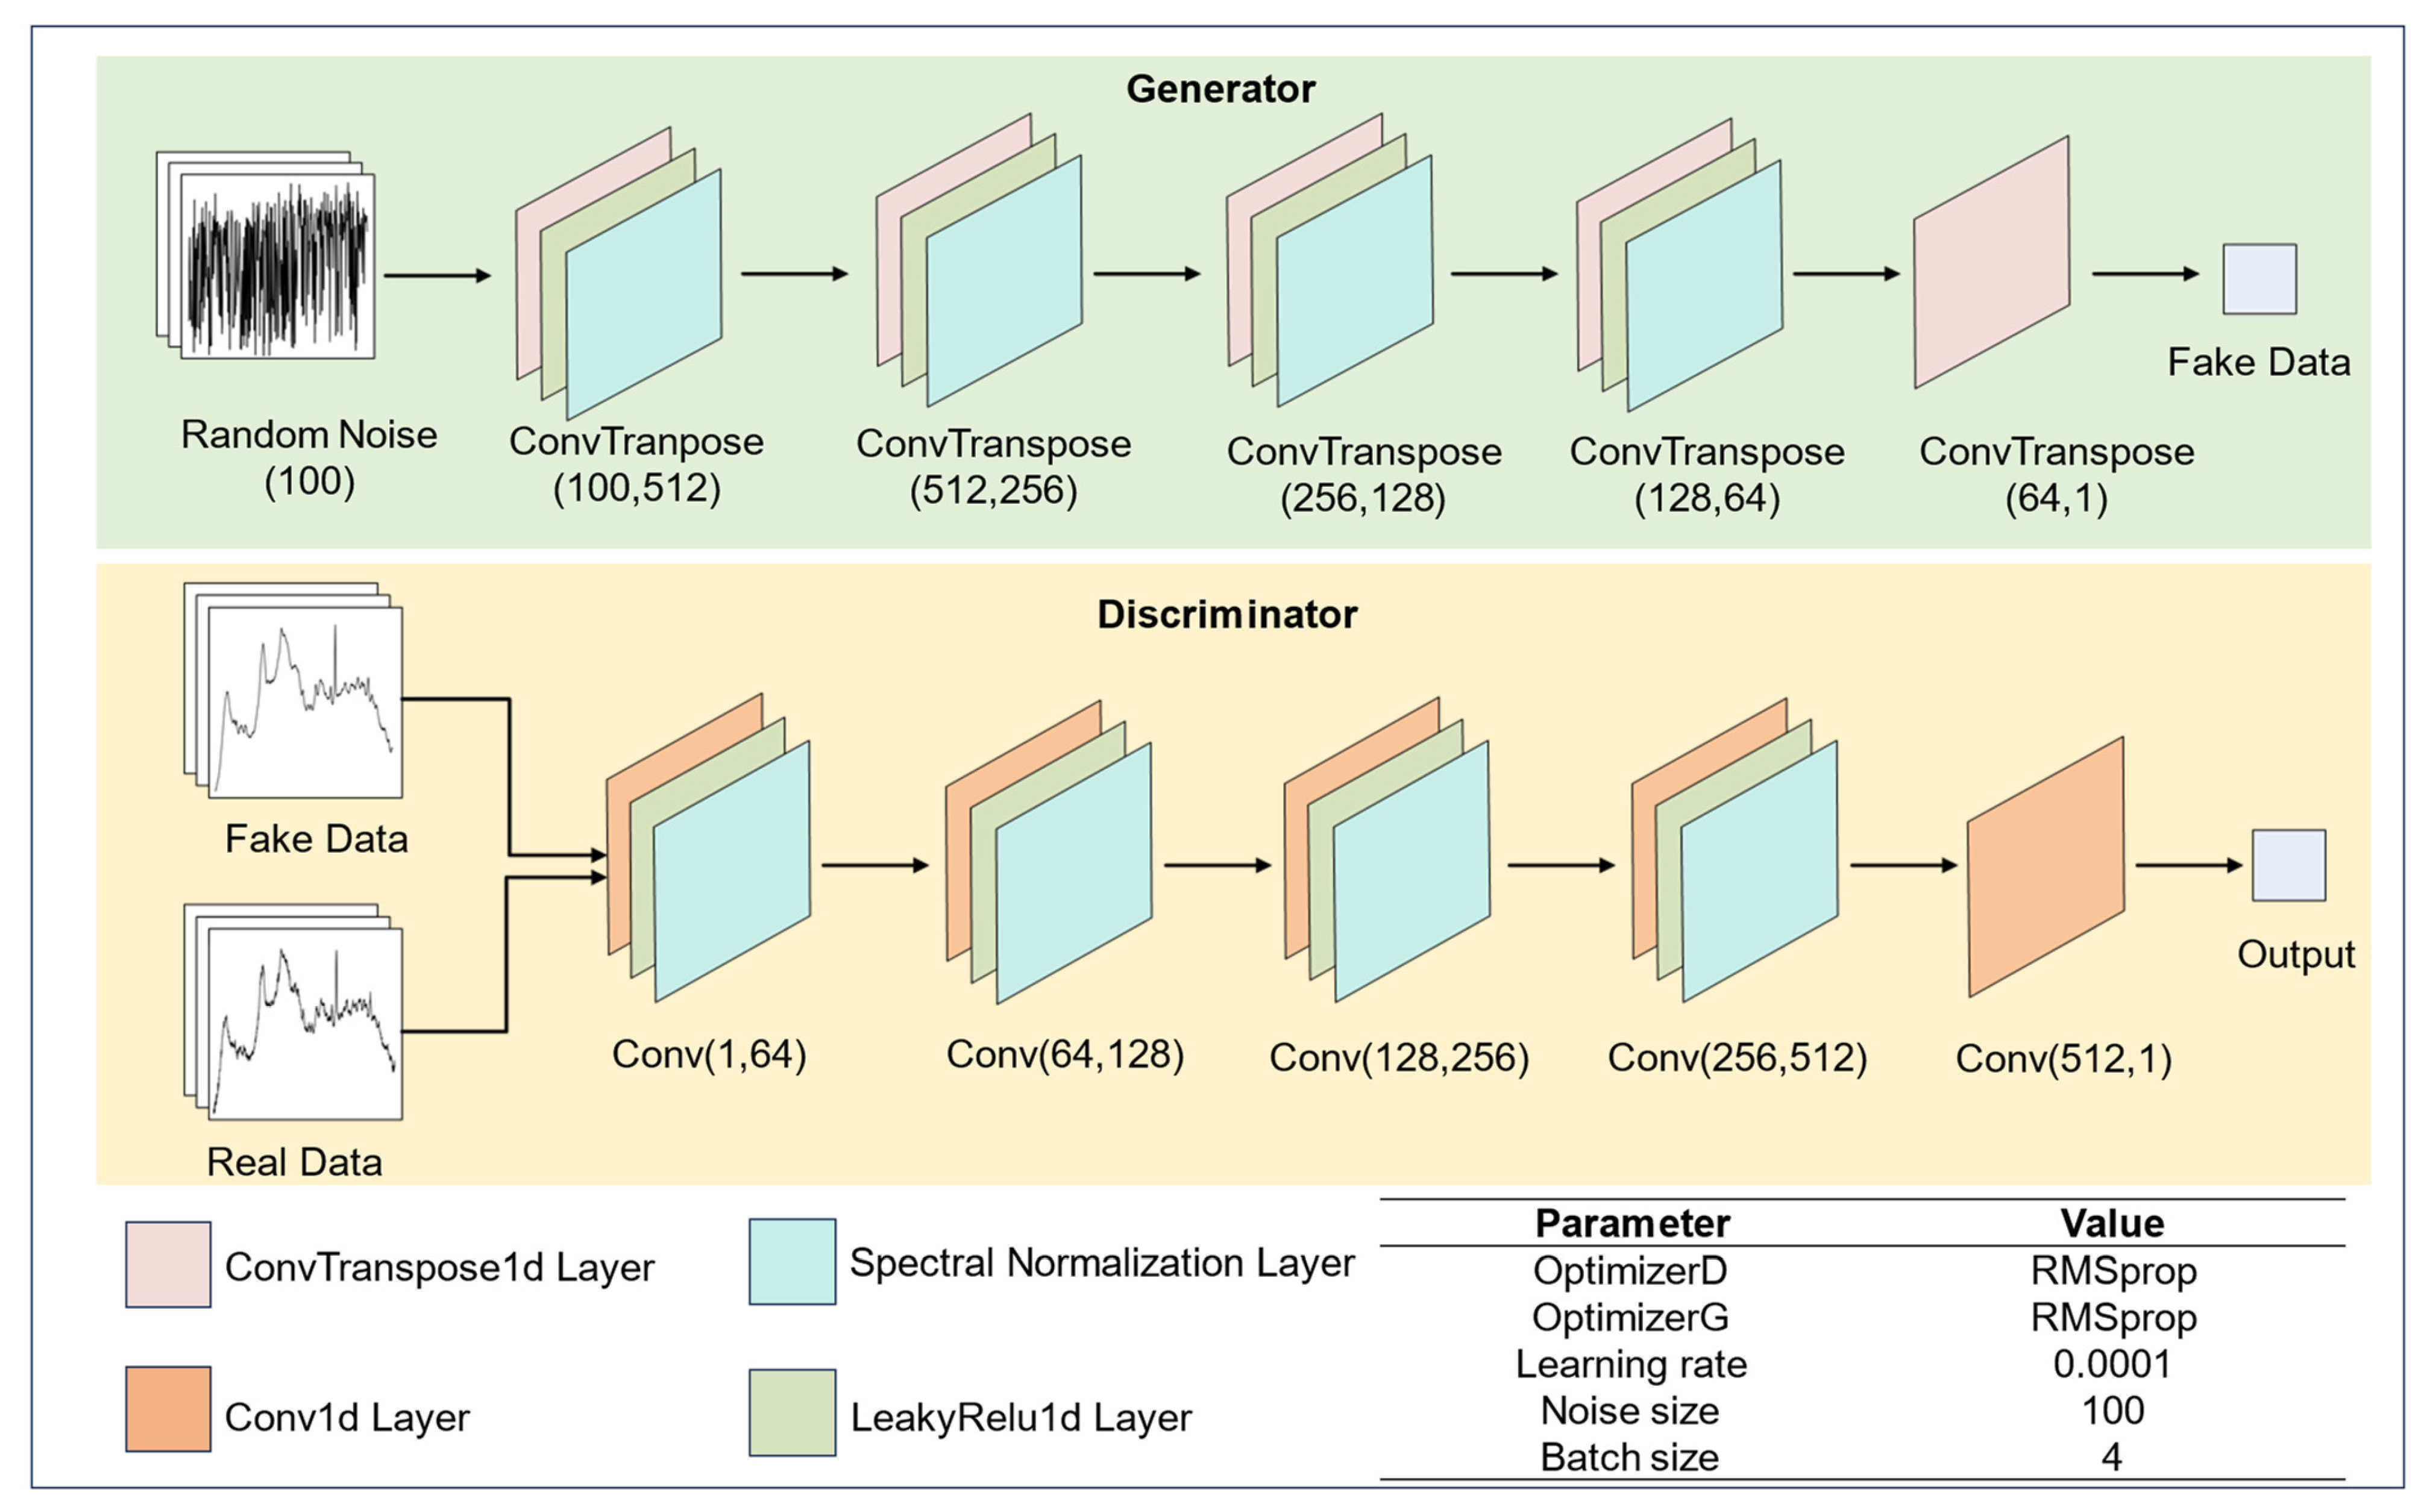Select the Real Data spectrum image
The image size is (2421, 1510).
[x=304, y=1023]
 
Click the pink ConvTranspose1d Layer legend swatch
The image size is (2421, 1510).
[x=168, y=1264]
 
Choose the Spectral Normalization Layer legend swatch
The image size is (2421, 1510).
[x=792, y=1261]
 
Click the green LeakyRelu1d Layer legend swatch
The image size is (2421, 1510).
[x=792, y=1412]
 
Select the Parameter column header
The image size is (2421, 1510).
[x=1632, y=1223]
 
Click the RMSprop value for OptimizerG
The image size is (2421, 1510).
[x=2112, y=1317]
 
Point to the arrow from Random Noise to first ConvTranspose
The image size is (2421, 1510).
[x=438, y=275]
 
